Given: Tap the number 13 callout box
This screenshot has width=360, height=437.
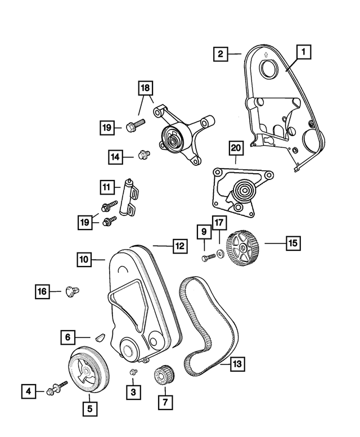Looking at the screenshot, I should click(237, 364).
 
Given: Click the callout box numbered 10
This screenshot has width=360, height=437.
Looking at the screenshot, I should click(84, 260).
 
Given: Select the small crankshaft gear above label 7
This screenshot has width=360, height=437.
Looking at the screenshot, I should click(164, 376).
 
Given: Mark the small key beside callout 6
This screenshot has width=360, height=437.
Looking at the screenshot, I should click(100, 337).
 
